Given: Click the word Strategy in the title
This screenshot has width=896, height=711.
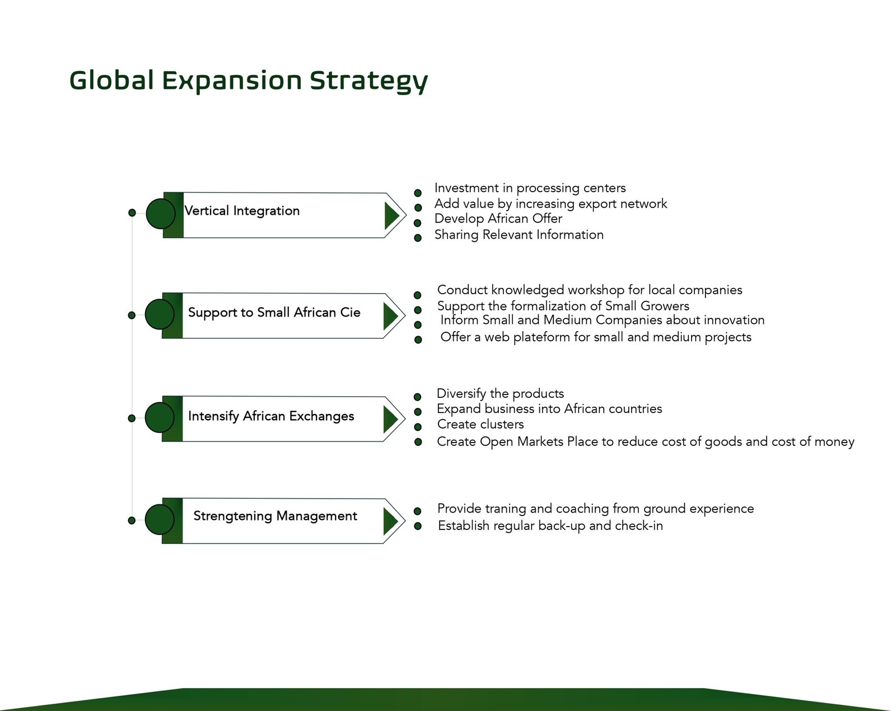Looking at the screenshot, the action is [369, 81].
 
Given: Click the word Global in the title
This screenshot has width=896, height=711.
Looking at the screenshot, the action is [111, 80].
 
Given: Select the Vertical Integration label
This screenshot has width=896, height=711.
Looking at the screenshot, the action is [242, 211].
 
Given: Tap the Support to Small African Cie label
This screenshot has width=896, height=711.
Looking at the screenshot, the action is [274, 313].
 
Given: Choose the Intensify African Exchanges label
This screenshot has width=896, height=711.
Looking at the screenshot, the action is [271, 416].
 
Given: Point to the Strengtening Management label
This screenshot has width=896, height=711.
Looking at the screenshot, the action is [275, 516].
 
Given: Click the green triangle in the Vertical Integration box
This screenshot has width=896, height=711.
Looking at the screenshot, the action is [392, 216].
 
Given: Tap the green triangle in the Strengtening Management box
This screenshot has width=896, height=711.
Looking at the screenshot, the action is [390, 522].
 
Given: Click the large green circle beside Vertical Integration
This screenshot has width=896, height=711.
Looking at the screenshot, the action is [161, 213].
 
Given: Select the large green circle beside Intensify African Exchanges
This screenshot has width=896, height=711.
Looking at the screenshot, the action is [160, 417].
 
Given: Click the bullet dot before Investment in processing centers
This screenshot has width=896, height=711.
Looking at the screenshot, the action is [418, 193].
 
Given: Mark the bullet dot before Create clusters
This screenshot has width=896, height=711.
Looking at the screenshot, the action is [418, 427].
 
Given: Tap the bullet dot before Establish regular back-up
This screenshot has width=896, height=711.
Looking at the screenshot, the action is [418, 526].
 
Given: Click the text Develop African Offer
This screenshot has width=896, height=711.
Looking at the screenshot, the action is [498, 219].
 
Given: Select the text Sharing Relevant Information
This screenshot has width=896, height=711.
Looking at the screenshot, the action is [519, 235].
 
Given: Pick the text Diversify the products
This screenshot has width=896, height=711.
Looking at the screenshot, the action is [501, 394].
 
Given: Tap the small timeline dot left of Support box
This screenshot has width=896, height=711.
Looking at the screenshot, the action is [132, 315].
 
